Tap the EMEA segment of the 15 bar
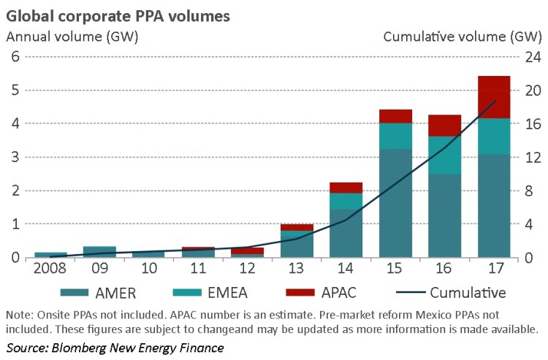coord(395,136)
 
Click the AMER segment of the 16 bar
coord(444,215)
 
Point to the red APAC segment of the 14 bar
coord(346,188)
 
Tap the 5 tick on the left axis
coord(13,91)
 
